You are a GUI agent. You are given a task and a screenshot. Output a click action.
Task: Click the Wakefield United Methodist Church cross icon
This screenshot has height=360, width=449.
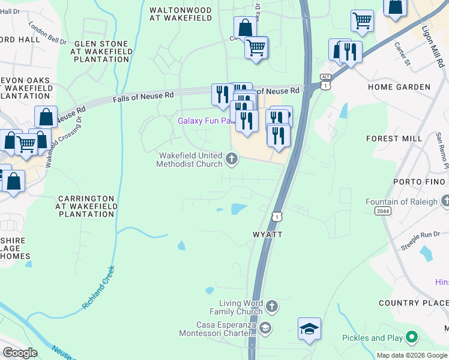[x=232, y=159]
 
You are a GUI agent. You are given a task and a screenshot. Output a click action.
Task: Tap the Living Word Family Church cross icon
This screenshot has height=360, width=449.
[x=271, y=307]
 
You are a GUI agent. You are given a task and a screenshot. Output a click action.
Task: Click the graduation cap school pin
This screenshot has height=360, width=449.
[x=309, y=329]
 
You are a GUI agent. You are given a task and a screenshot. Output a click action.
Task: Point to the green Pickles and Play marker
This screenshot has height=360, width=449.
[x=412, y=338]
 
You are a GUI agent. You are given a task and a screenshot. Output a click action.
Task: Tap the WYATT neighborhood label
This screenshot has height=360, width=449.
[x=266, y=234]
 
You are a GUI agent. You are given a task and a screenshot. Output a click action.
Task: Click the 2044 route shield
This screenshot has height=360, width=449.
[x=383, y=211]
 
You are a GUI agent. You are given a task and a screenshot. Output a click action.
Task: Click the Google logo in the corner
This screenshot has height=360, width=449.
[x=20, y=352]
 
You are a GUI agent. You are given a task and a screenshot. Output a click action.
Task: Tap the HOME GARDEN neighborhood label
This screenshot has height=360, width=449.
[x=399, y=87]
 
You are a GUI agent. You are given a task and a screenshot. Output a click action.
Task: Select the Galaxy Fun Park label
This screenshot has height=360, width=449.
[x=205, y=121]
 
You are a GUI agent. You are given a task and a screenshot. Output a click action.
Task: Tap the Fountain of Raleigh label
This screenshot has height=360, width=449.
[x=402, y=202]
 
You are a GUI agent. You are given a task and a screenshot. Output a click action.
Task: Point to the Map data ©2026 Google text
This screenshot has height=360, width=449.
[x=411, y=355]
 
